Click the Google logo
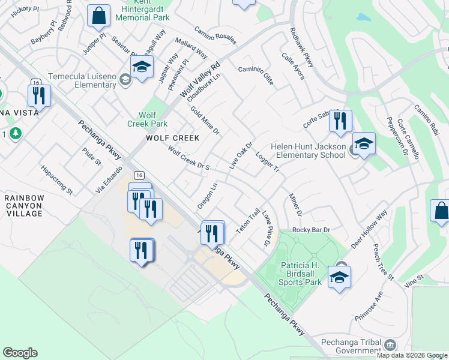[20, 353]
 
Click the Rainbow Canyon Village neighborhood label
[24, 205]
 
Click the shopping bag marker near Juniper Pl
[98, 16]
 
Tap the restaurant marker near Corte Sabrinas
[340, 121]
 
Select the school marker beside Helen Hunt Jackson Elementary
[363, 143]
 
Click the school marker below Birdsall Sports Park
[339, 277]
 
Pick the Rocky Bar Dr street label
[312, 230]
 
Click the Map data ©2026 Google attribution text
[412, 355]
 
